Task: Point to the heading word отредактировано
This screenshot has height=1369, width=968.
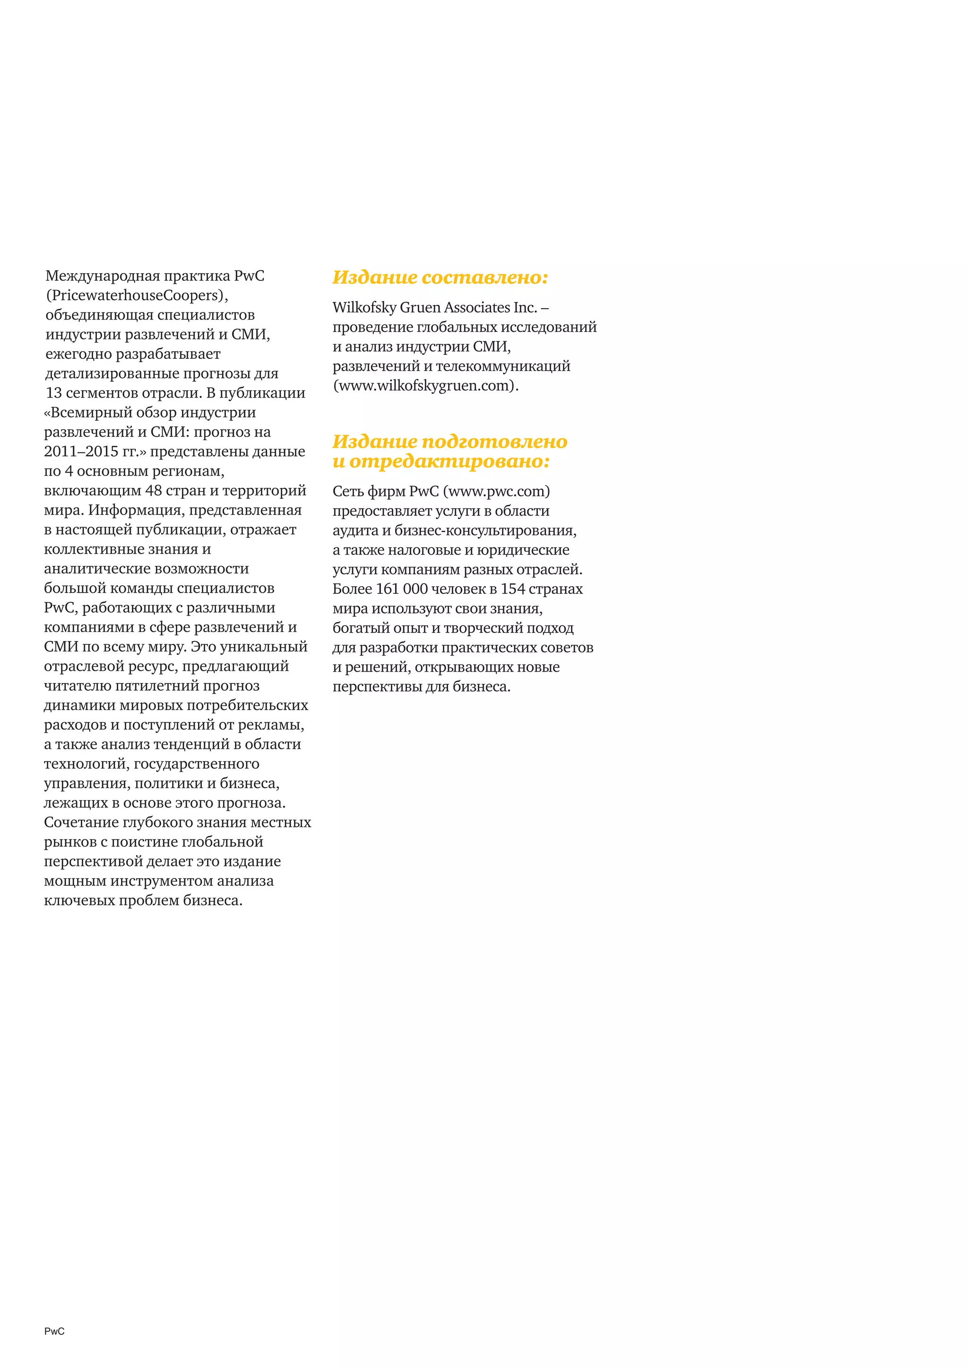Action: point(449,461)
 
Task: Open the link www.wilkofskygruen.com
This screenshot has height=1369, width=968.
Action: point(425,386)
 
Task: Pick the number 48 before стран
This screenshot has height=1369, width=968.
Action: point(154,491)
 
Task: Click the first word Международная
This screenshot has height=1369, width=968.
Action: point(103,276)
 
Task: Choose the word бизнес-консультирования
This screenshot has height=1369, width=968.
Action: point(485,531)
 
